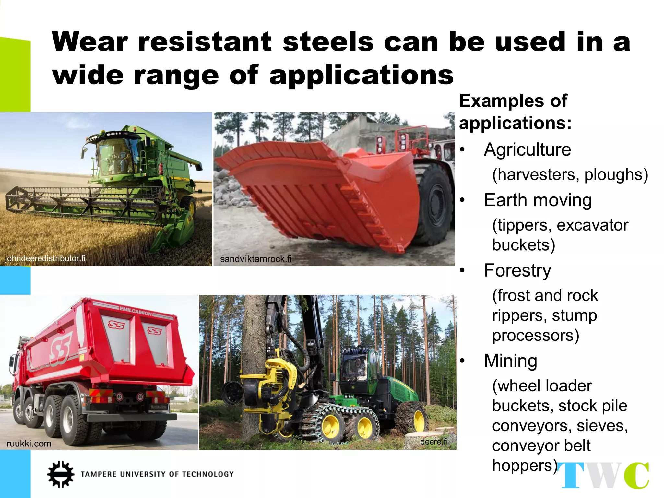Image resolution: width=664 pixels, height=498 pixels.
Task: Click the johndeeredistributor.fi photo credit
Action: pos(45,258)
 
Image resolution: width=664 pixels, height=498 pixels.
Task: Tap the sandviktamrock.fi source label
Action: pos(255,259)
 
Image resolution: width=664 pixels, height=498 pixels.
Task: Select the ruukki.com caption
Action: pos(29,444)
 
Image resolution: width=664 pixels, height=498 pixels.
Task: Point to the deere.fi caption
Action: pos(433,442)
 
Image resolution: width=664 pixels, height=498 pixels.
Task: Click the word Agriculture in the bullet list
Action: pos(527,150)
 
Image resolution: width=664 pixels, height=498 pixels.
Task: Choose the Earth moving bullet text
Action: pos(538,200)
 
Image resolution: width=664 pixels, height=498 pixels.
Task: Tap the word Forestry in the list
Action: pos(517,270)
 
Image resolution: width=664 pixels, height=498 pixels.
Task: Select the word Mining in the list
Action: pos(510,361)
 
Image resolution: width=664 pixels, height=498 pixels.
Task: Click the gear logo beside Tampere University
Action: pos(60,474)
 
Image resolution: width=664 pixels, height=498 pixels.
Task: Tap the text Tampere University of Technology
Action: pos(157,474)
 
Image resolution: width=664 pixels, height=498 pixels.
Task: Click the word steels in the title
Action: pos(328,42)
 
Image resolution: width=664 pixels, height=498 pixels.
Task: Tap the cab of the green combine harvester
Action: pos(115,156)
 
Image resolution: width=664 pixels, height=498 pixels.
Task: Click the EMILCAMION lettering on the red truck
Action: pos(136,311)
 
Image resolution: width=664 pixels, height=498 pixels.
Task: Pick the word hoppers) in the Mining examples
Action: pos(525,466)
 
